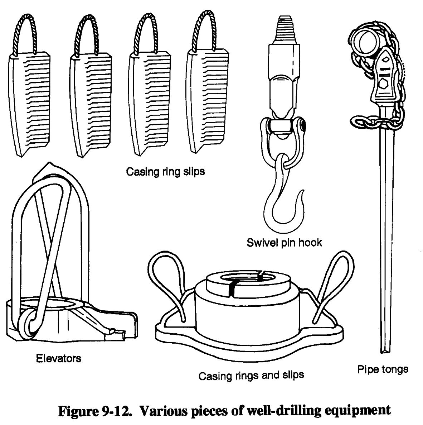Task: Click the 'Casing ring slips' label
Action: tap(165, 172)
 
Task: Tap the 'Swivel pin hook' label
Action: tap(284, 243)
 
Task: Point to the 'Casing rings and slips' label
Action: tap(251, 375)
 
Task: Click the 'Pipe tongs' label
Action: tap(383, 369)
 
